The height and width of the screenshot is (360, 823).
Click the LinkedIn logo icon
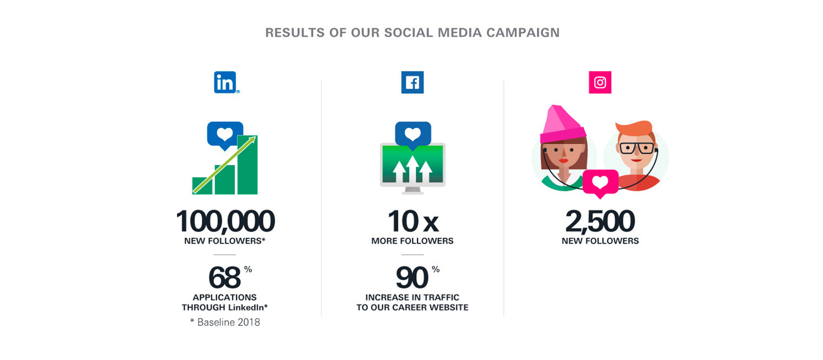coord(225,82)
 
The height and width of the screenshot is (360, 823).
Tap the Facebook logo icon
coord(412,82)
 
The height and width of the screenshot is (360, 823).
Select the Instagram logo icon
coord(600,82)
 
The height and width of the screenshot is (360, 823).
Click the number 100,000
coord(225,221)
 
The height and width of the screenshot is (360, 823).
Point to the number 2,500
coord(600,221)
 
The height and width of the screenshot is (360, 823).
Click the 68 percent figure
coord(230,277)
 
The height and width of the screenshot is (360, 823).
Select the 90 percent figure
coord(417,277)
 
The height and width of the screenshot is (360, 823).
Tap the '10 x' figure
coord(413,221)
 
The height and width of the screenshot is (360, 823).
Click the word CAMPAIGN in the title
coord(523,33)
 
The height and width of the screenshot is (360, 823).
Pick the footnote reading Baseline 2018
coord(225,322)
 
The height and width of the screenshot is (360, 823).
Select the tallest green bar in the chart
coord(247,165)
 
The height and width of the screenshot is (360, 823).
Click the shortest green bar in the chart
coord(202,186)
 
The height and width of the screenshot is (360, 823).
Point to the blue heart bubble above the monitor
coord(413,135)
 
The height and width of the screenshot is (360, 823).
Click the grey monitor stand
coord(412,191)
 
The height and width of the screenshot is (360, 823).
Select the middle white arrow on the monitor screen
coord(412,169)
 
